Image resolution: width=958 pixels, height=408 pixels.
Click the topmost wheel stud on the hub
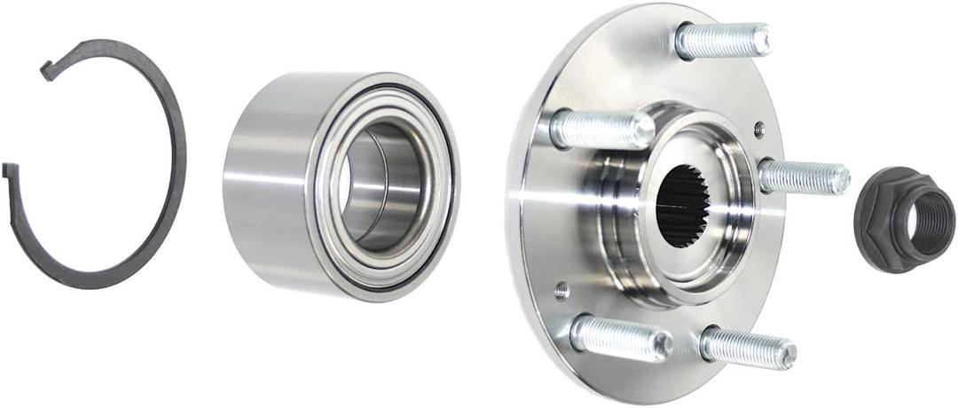723,41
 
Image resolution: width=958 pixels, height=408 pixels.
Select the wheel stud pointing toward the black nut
803,177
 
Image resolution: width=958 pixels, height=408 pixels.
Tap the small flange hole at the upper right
758,129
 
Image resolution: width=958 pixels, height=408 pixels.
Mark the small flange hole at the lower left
561,289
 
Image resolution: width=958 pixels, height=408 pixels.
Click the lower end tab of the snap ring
11,170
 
